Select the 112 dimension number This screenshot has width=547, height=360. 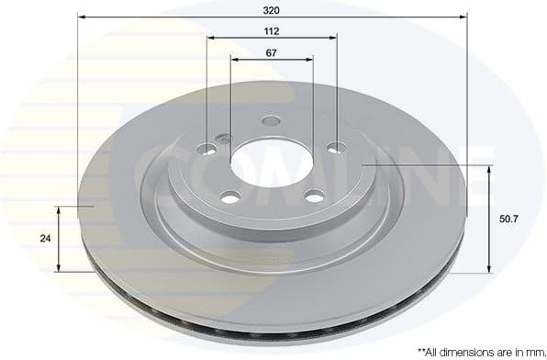coord(272,30)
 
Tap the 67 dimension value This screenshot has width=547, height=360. coord(272,52)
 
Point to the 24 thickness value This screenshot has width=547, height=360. coord(45,238)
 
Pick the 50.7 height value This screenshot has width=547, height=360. coord(508,219)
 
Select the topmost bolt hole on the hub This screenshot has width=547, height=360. coord(271,121)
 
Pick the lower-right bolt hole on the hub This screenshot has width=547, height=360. coord(314,195)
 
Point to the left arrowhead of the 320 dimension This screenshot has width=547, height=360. coord(81,17)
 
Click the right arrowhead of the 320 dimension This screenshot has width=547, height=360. coord(464,17)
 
